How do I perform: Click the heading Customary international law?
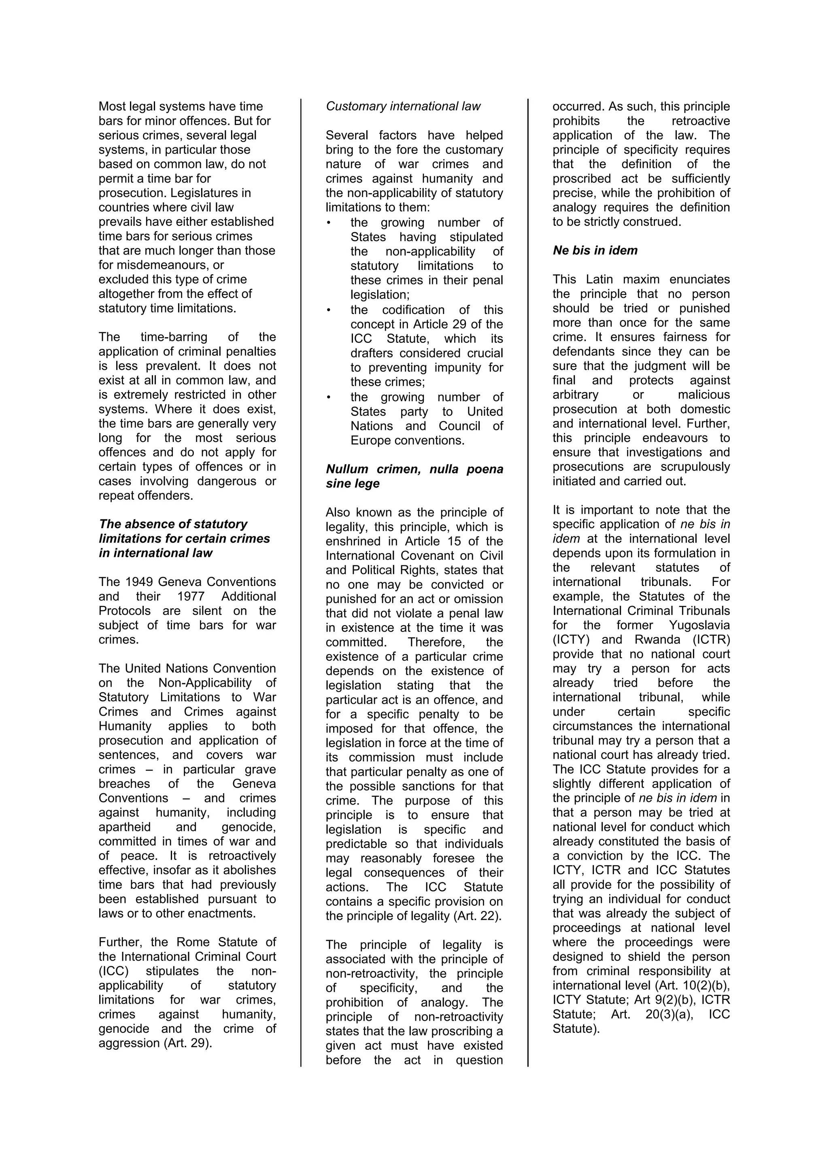click(403, 106)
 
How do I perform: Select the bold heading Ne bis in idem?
click(595, 251)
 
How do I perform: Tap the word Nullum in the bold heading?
click(348, 469)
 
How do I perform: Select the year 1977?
click(191, 596)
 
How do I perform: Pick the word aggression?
click(129, 1043)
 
